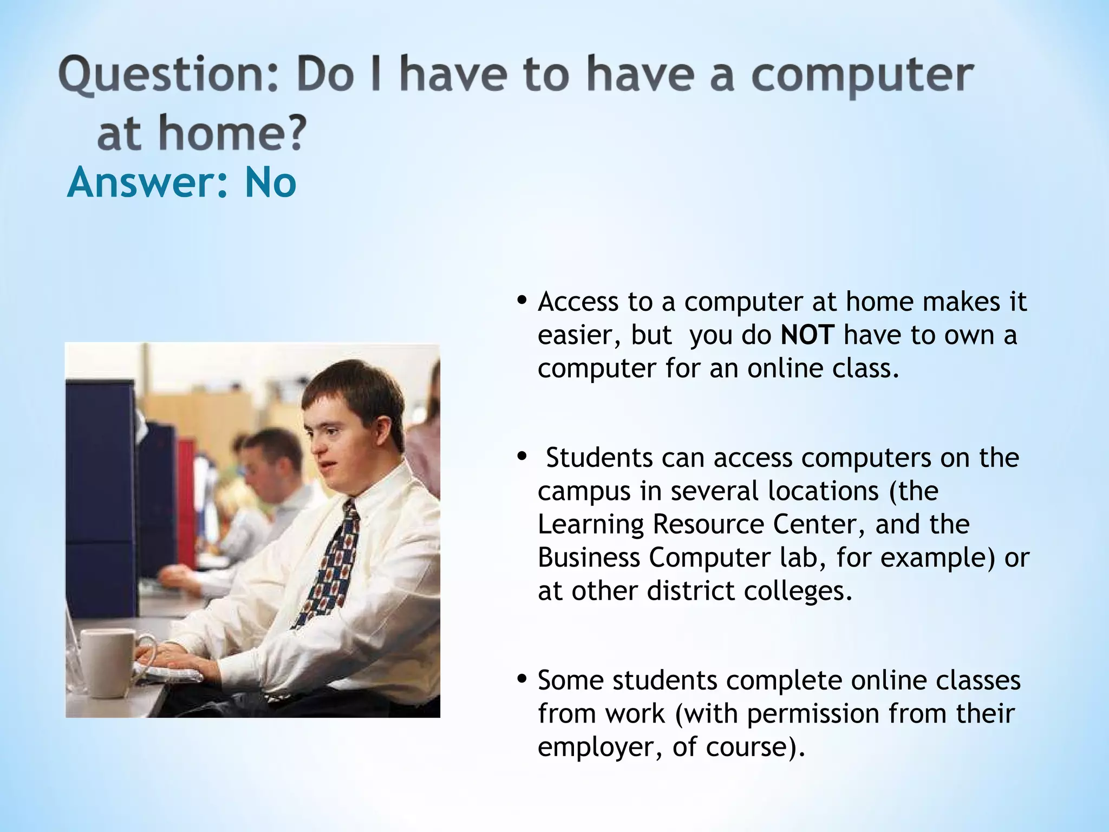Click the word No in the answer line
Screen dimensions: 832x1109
click(x=270, y=183)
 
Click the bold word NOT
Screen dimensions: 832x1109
click(x=807, y=335)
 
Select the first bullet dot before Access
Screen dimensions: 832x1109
click(x=522, y=301)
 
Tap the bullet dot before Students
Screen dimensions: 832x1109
click(x=522, y=457)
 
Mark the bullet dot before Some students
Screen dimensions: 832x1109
click(x=522, y=679)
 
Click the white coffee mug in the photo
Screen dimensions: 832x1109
click(x=108, y=664)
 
